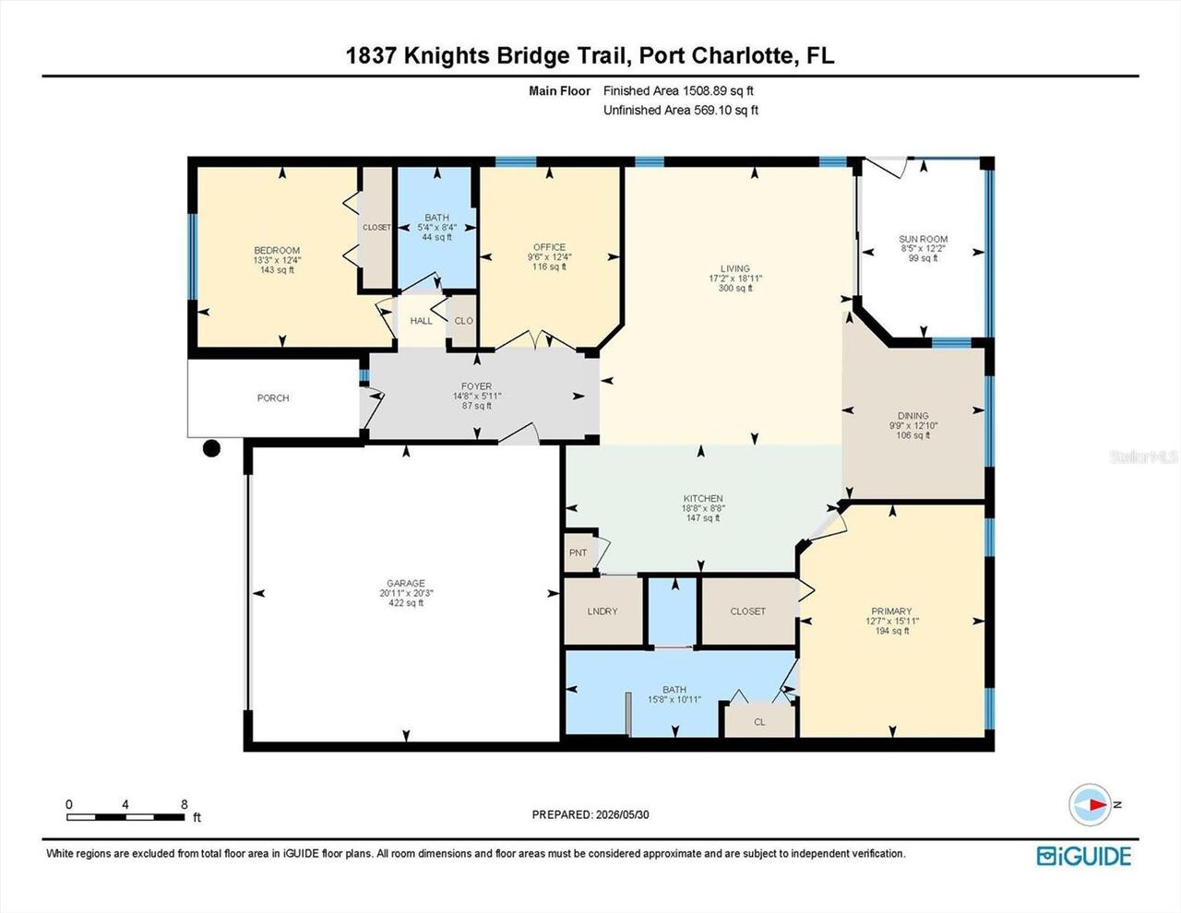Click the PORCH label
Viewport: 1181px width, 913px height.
(273, 398)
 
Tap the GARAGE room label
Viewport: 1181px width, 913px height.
(406, 584)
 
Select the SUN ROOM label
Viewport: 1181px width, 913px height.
(923, 239)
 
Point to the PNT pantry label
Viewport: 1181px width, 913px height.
(578, 553)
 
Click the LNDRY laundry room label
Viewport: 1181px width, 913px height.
(602, 611)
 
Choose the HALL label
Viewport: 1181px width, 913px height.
(422, 321)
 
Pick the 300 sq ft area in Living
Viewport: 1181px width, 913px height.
(735, 289)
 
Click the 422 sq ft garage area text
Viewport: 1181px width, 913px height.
(406, 603)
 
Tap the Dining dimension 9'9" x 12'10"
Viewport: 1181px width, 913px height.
(913, 426)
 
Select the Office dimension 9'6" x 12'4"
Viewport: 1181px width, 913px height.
(550, 257)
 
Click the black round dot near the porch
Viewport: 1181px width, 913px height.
(211, 448)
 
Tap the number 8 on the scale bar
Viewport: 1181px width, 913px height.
(185, 804)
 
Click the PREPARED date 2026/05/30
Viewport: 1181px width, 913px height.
(622, 814)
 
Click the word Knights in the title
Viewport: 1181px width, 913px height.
(447, 56)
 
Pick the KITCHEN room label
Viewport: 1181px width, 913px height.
(703, 499)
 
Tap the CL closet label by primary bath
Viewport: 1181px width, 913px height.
(759, 722)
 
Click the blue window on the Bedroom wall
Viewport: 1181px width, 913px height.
(192, 256)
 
